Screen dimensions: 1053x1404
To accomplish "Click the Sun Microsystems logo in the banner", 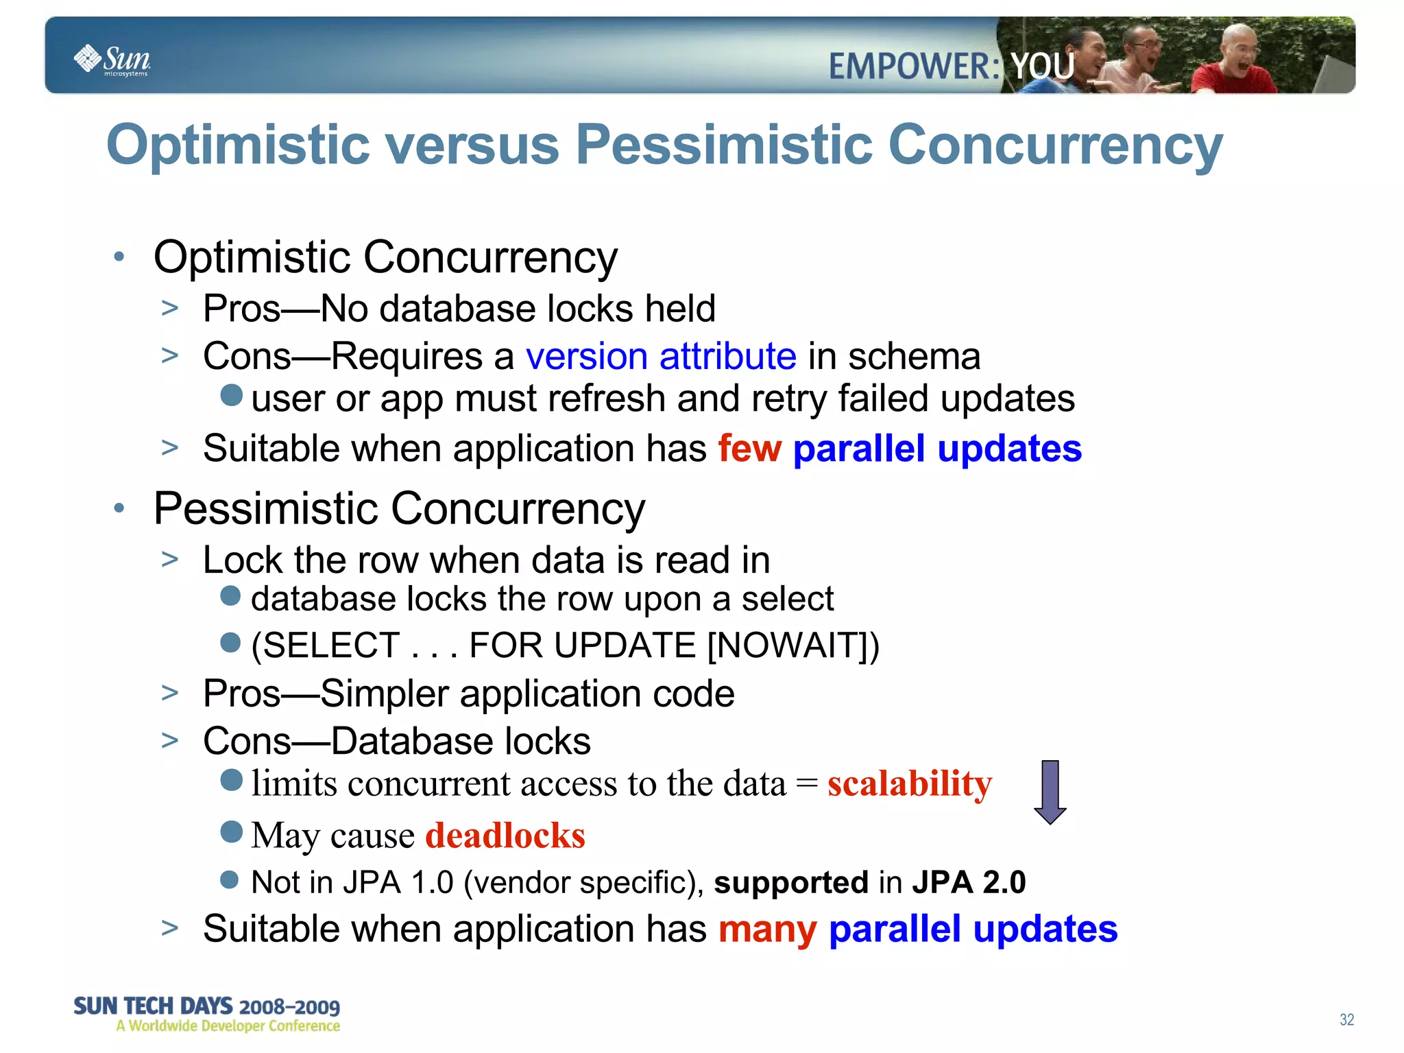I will [112, 60].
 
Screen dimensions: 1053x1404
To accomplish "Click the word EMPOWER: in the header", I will [914, 67].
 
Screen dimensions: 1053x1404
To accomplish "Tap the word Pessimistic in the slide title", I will [724, 145].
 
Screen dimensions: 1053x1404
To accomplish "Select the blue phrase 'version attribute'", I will [661, 357].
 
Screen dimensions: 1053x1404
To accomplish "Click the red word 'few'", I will [749, 449].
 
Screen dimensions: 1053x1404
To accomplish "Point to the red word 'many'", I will [767, 930].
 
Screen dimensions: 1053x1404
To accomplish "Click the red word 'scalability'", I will [909, 783].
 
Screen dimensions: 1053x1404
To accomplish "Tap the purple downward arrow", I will [1050, 792].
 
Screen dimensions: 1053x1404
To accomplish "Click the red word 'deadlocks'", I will [505, 836].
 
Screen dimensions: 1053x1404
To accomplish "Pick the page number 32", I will [1346, 1019].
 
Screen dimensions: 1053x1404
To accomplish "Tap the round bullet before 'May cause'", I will [232, 831].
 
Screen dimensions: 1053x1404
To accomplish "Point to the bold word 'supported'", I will [791, 882].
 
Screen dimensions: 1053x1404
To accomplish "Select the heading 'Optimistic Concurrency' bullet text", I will [385, 257].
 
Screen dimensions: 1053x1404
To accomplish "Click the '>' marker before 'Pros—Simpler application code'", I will [170, 693].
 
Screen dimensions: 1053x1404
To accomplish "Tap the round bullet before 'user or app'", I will [232, 395].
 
